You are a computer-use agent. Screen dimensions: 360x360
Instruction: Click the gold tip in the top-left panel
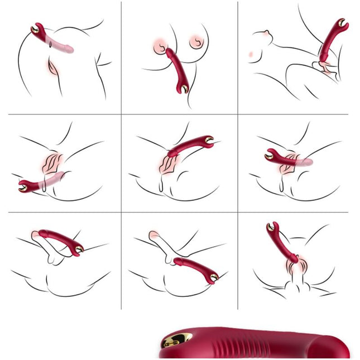point(35,28)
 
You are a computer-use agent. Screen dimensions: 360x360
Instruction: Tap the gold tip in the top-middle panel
point(184,88)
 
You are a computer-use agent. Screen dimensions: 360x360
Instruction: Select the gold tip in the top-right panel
point(342,23)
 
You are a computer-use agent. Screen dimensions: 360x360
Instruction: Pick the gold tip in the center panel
point(209,140)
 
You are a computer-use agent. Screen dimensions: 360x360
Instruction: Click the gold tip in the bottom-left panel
point(79,249)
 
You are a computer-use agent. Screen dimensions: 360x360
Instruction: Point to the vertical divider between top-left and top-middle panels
point(122,56)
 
